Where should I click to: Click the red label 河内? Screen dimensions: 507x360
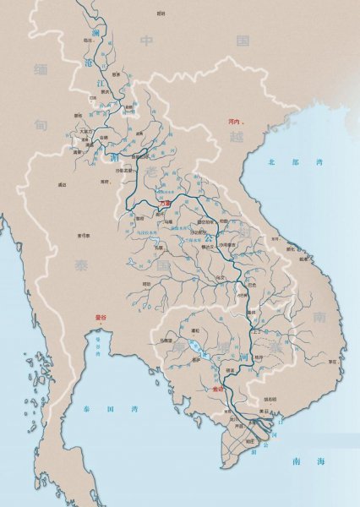click(x=235, y=122)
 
